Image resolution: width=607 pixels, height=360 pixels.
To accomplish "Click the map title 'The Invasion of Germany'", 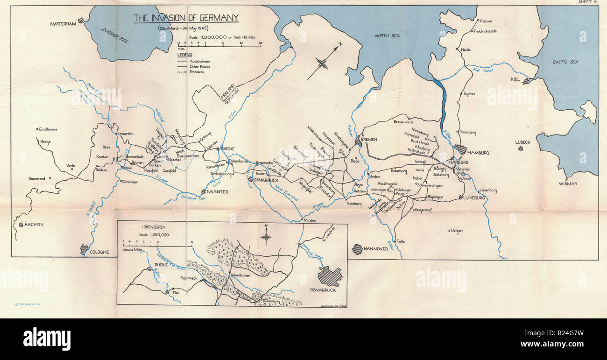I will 186,18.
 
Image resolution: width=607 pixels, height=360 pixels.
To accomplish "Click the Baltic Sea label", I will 565,62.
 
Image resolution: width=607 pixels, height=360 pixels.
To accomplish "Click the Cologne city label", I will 99,252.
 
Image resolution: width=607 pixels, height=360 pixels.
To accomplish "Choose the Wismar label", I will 568,184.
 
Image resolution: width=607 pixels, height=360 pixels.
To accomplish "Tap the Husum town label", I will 486,21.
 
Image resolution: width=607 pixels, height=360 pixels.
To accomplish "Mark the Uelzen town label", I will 457,230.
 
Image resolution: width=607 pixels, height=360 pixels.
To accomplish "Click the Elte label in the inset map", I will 176,293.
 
